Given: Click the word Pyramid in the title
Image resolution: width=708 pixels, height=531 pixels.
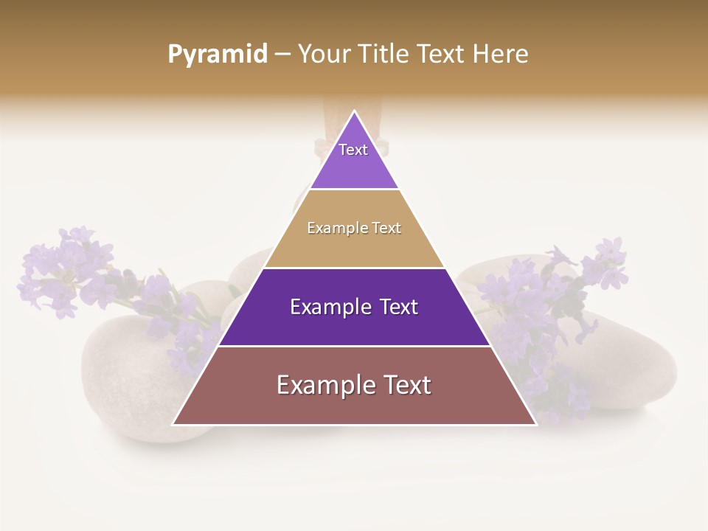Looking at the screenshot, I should [x=218, y=54].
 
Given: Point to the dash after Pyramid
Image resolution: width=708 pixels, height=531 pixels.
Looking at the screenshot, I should [x=282, y=55].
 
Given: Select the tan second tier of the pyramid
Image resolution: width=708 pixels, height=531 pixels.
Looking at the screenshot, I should [x=354, y=247].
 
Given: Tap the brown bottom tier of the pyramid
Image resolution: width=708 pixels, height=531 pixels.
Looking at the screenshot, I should [x=354, y=406].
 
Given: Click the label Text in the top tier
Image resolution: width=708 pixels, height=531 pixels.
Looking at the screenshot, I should [x=353, y=150].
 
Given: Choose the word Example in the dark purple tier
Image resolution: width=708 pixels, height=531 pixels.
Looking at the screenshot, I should [x=328, y=307].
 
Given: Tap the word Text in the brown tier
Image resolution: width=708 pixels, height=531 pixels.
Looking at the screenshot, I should [x=406, y=385].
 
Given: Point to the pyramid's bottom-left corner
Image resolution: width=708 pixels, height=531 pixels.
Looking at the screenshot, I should [x=173, y=424].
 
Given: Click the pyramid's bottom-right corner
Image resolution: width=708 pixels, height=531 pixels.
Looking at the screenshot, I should [x=535, y=424].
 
